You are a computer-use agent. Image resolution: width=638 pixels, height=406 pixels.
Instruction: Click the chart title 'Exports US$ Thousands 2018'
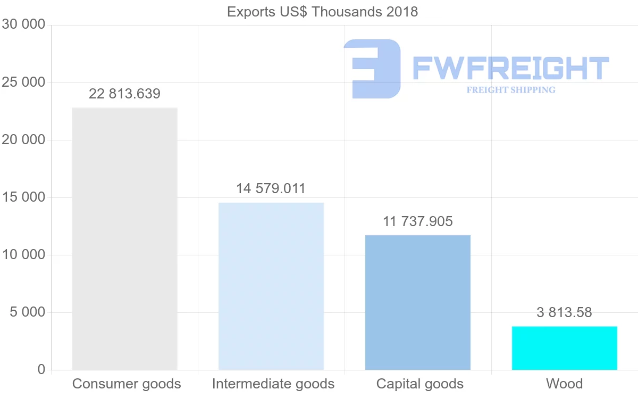click(322, 12)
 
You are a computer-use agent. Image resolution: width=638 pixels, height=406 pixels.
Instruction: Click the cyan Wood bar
click(565, 348)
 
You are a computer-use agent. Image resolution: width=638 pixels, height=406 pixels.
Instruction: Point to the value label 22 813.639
click(124, 94)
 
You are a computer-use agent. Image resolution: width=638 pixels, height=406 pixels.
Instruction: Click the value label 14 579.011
click(271, 189)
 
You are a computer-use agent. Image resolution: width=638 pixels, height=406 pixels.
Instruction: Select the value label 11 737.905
click(418, 221)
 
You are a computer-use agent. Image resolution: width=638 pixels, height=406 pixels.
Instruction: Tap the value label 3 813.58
click(564, 312)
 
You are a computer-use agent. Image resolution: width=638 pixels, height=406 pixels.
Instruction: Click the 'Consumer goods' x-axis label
click(127, 384)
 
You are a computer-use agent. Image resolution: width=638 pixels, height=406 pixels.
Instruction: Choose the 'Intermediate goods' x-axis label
click(273, 384)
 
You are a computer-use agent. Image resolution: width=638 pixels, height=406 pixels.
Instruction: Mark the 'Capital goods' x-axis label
click(420, 384)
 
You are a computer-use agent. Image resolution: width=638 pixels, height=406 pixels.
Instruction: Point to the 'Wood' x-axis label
click(565, 384)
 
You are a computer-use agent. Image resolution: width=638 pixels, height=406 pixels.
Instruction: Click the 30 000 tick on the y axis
click(23, 24)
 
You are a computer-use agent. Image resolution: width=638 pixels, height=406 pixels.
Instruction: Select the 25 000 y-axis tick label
click(23, 82)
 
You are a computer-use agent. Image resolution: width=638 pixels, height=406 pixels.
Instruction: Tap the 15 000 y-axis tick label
click(23, 197)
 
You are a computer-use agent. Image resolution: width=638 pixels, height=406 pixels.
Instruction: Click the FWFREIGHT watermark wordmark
click(510, 68)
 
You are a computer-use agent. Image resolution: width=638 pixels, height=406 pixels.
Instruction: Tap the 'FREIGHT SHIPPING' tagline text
click(511, 90)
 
